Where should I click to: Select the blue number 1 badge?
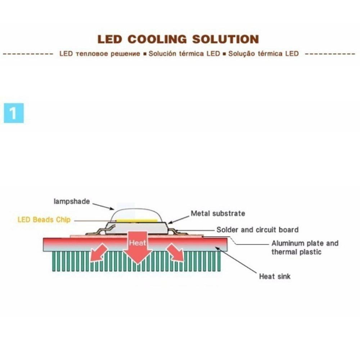pyautogui.click(x=14, y=113)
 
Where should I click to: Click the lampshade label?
pyautogui.click(x=71, y=202)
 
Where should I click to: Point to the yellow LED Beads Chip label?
pyautogui.click(x=44, y=220)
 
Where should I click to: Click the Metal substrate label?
pyautogui.click(x=218, y=213)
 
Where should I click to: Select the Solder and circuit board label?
pyautogui.click(x=257, y=230)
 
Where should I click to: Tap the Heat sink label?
pyautogui.click(x=275, y=276)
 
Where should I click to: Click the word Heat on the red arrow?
pyautogui.click(x=138, y=243)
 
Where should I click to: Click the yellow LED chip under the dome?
pyautogui.click(x=137, y=220)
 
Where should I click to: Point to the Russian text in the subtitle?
pyautogui.click(x=99, y=54)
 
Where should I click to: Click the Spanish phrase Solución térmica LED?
pyautogui.click(x=184, y=54)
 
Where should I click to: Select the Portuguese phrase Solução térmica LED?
pyautogui.click(x=264, y=54)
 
